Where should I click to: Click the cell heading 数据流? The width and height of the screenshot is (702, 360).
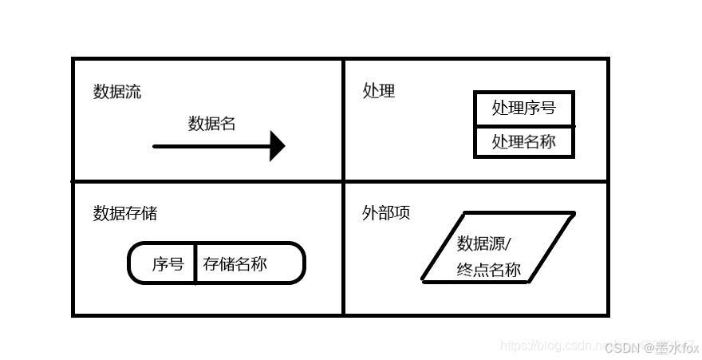point(117,92)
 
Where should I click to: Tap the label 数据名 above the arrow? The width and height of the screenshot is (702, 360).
point(211,124)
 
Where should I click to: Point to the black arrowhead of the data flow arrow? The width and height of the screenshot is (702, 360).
point(277,146)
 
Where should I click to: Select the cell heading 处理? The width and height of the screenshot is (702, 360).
point(378,90)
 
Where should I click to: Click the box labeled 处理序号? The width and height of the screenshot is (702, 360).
point(523,108)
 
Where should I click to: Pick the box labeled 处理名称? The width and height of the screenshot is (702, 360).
point(523,142)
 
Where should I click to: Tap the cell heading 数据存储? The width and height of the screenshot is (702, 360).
point(125,213)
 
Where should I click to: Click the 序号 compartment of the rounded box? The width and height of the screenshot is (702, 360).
point(168,264)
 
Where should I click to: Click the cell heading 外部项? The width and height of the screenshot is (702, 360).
point(386,213)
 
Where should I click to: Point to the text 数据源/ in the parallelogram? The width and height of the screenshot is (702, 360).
point(483,243)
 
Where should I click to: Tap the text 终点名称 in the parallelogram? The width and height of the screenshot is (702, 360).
point(488,270)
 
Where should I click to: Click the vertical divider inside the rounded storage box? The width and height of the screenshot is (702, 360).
point(195,263)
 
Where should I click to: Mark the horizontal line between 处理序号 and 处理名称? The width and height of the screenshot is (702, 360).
point(523,125)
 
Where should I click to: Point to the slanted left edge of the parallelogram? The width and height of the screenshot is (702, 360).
point(443,247)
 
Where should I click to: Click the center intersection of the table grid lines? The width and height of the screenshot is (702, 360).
point(343,181)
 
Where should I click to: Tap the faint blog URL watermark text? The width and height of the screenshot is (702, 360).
point(550,346)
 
